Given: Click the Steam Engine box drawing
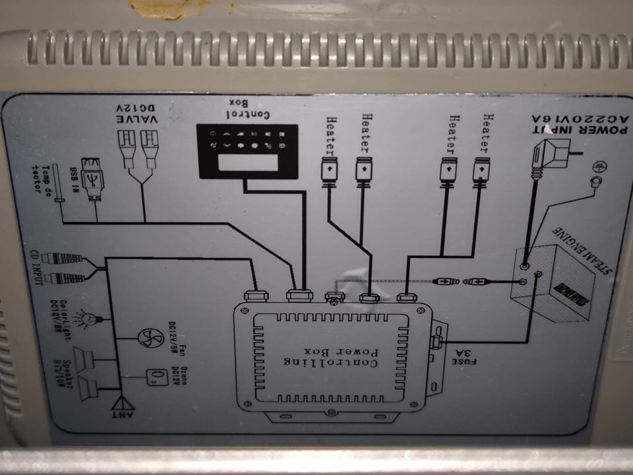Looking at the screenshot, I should click(x=554, y=280).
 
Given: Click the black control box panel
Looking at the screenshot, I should click(x=247, y=151).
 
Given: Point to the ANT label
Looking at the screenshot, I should click(x=126, y=415).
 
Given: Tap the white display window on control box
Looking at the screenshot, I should click(x=248, y=162).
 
